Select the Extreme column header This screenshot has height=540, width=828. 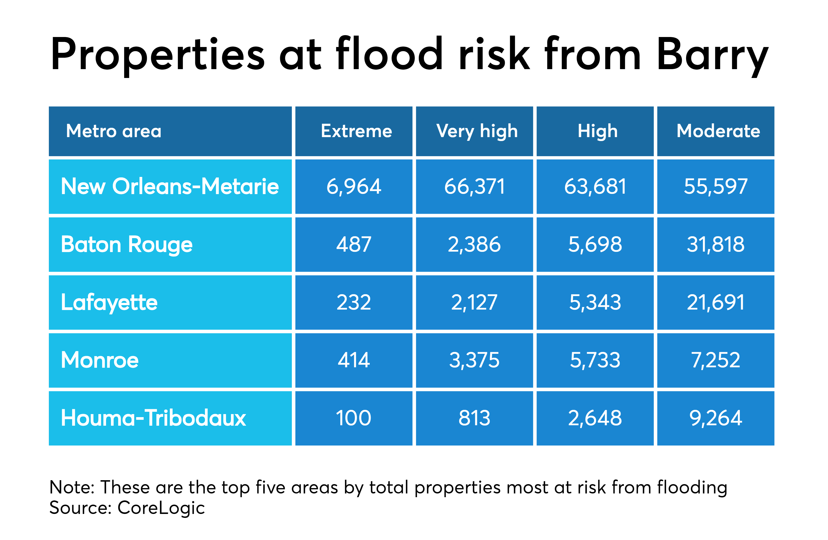click(x=356, y=131)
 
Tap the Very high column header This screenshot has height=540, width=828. click(x=477, y=131)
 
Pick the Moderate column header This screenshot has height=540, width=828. click(x=718, y=131)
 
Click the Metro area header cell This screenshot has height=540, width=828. click(x=114, y=131)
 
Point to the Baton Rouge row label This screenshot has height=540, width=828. click(x=127, y=244)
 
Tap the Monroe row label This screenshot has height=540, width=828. click(x=100, y=360)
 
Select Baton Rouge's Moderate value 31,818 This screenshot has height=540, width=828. click(x=716, y=244)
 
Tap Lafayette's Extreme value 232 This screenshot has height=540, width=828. click(x=354, y=302)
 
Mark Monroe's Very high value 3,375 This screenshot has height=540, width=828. click(x=474, y=360)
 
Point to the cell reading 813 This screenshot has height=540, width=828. click(x=474, y=418)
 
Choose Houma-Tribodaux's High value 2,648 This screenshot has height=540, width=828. click(x=595, y=418)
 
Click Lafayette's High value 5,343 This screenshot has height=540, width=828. click(x=595, y=302)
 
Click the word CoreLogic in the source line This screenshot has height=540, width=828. click(x=161, y=508)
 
